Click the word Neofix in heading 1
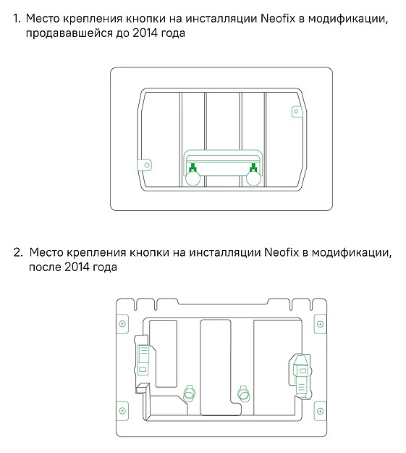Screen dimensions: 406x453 coord(278,19)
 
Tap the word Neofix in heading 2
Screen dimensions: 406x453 coord(282,252)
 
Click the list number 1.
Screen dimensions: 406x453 coord(17,19)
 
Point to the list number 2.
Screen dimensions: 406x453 coord(18,253)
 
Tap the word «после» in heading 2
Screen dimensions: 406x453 coord(44,267)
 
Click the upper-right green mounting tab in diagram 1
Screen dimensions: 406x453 coord(296,112)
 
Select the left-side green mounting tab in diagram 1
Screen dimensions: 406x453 coord(145,165)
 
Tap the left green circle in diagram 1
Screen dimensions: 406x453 coord(193,178)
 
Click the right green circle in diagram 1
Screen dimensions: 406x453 coord(253,178)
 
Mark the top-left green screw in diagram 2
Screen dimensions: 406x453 coord(122,324)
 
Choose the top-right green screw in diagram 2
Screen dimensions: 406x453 coord(320,324)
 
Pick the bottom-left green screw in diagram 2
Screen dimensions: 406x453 coord(122,410)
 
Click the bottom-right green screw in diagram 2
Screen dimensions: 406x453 coord(320,411)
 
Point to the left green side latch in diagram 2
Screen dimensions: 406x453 coord(143,360)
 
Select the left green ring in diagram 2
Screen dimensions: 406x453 coord(190,394)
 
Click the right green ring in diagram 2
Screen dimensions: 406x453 coord(244,394)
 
